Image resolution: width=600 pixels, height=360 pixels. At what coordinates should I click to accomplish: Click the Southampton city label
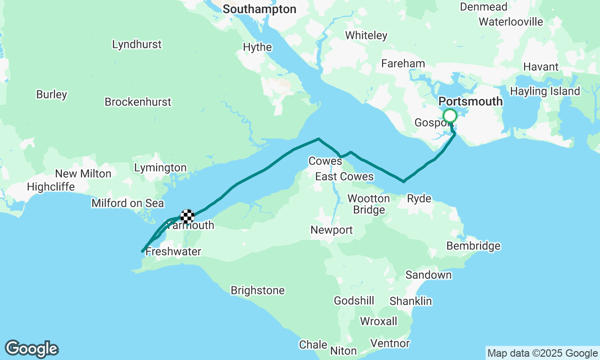click(259, 9)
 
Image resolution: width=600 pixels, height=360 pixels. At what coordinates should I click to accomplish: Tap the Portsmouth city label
click(470, 102)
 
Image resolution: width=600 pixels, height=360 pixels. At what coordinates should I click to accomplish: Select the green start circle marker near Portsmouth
click(450, 116)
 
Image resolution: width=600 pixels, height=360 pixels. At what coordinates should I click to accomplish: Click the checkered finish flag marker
click(187, 216)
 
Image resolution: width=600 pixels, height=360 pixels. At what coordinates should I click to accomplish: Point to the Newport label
click(331, 230)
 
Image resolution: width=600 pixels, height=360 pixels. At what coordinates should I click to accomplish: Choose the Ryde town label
click(419, 198)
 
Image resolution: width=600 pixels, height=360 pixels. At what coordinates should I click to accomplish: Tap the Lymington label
click(160, 168)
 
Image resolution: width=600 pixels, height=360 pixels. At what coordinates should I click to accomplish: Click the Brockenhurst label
click(138, 102)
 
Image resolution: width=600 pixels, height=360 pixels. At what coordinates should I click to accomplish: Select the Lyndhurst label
click(137, 45)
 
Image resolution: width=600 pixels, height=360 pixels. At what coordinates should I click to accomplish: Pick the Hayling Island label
click(545, 91)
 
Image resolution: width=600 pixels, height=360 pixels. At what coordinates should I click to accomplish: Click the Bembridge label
click(473, 246)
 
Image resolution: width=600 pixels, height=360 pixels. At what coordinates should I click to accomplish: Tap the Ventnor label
click(390, 344)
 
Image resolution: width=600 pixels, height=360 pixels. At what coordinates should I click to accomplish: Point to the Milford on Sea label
click(127, 203)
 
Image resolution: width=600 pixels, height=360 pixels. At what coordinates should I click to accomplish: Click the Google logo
click(31, 349)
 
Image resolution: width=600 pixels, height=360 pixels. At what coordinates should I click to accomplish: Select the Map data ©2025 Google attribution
click(542, 353)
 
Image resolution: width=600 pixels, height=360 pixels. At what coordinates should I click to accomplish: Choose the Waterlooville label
click(510, 22)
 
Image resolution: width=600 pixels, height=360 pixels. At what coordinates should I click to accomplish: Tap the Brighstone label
click(257, 291)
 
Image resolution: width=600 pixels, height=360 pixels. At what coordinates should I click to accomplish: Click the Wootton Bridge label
click(368, 204)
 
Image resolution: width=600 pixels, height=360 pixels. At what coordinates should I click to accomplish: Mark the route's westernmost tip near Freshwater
click(142, 251)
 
